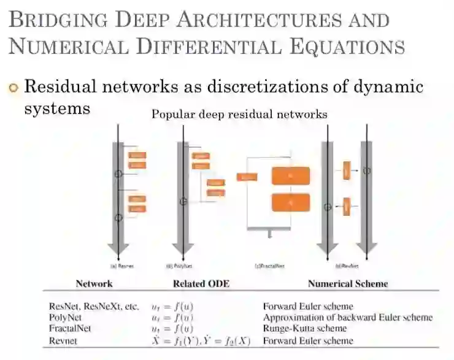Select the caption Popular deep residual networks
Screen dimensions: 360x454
pos(239,114)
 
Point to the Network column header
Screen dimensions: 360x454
pos(94,284)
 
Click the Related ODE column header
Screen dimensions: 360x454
pos(198,284)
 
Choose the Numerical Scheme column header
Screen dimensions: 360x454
pos(348,284)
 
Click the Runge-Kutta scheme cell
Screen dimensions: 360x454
pos(306,329)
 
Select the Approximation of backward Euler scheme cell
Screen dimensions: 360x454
pos(348,317)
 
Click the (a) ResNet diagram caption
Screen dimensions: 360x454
pos(121,266)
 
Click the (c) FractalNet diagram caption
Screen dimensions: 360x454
pos(270,266)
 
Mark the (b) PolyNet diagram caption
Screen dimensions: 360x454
pos(177,266)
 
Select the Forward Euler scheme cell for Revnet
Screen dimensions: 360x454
pos(308,340)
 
